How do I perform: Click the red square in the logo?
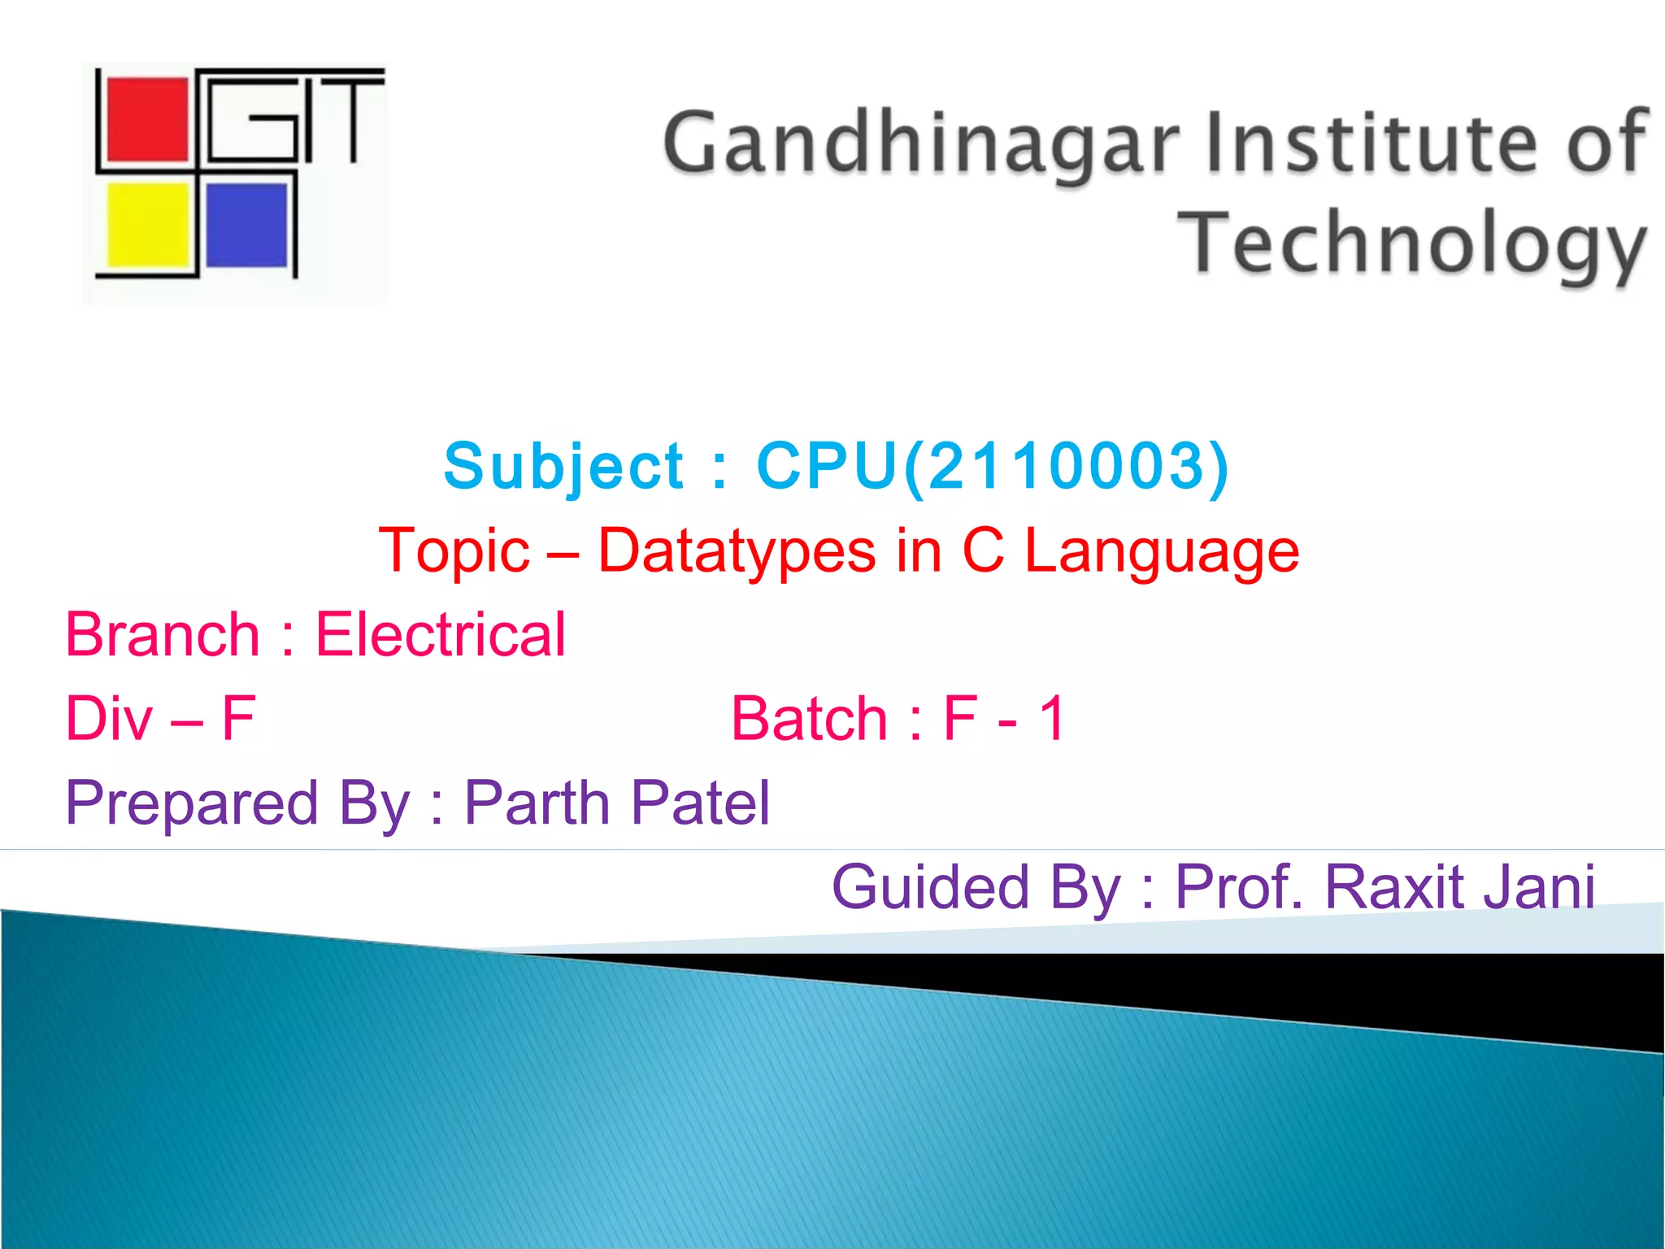(x=147, y=120)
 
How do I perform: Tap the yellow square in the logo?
(x=148, y=225)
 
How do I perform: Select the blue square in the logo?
(x=246, y=225)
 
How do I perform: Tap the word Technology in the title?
(x=1412, y=242)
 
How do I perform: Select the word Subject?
(x=563, y=467)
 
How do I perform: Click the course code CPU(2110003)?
(x=993, y=466)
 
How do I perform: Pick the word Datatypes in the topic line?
(x=737, y=551)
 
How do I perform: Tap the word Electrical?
(x=440, y=634)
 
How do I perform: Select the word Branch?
(x=163, y=634)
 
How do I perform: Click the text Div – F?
(x=160, y=719)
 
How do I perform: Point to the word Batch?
(x=809, y=719)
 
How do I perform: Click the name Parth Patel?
(x=616, y=803)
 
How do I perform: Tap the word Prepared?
(x=192, y=803)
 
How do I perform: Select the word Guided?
(x=931, y=886)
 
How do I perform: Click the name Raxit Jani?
(x=1459, y=886)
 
